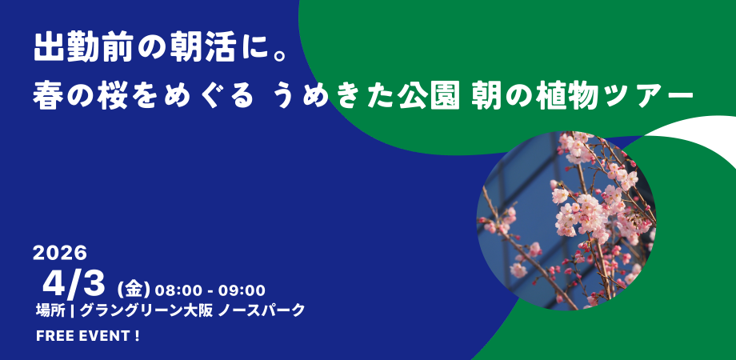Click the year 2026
[60, 254]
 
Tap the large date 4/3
[74, 286]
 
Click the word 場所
[50, 310]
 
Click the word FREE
[51, 337]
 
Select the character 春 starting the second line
[47, 95]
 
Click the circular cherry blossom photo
[566, 221]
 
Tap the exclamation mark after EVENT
[137, 337]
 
